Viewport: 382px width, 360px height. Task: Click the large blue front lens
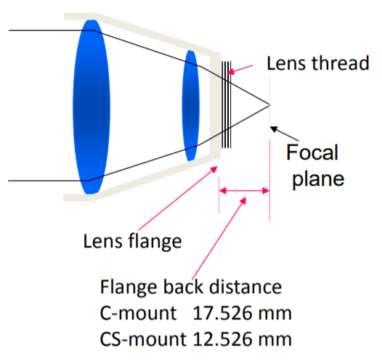coord(92,107)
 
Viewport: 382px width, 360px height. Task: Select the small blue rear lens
coord(190,106)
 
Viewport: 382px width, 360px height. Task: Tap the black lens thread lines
coord(227,105)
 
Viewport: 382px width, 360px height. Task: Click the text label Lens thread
coord(318,63)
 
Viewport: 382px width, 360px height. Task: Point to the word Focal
coord(312,152)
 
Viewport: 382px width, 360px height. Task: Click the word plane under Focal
coord(318,179)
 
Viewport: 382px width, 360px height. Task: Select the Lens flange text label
coord(132,241)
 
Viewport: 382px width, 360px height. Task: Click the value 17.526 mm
coord(242,313)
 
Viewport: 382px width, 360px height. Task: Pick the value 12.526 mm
coord(242,339)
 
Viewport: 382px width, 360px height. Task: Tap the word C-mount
coord(138,313)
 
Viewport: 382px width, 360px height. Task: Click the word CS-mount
coord(143,339)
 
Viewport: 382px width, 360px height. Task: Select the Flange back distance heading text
coord(191,287)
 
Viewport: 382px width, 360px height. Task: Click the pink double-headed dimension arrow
coord(244,191)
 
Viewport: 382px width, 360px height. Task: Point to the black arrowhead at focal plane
coord(274,128)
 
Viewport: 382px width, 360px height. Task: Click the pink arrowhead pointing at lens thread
coord(231,71)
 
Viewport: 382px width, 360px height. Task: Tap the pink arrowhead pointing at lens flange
coord(214,169)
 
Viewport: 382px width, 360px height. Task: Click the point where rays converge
coord(269,105)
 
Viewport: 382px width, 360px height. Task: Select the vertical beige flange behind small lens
coord(216,105)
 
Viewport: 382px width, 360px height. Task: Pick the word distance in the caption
coord(245,287)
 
